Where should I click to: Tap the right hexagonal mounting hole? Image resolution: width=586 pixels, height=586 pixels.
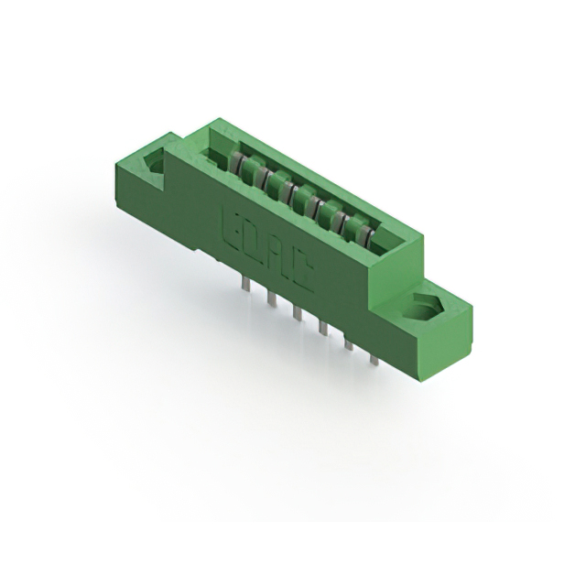point(427,309)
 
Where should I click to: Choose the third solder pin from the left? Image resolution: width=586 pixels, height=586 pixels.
point(297,313)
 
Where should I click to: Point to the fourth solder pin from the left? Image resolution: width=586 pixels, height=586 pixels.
point(322,327)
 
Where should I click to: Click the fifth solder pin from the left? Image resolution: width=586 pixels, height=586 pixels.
point(348,343)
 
